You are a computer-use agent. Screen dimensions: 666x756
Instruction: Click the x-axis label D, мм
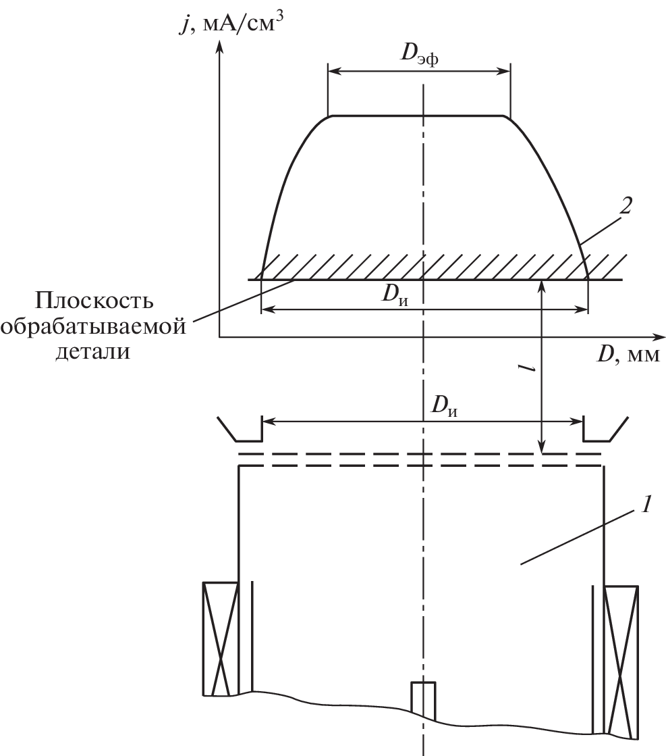[x=628, y=355]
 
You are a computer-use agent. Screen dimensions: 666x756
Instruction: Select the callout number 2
[x=625, y=206]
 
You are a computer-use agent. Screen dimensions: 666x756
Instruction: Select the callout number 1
[x=646, y=504]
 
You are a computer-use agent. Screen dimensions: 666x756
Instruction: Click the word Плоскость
[x=94, y=301]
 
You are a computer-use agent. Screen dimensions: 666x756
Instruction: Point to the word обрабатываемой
[x=93, y=326]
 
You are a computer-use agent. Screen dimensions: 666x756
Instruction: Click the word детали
[x=93, y=351]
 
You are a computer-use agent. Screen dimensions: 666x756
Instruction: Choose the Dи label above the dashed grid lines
[x=444, y=406]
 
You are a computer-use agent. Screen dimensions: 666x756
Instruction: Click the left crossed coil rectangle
[x=221, y=639]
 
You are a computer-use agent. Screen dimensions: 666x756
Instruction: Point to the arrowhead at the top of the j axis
[x=220, y=47]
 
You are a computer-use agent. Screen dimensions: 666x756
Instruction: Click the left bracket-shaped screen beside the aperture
[x=240, y=428]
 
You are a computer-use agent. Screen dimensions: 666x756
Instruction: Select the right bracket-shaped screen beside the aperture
[x=605, y=428]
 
